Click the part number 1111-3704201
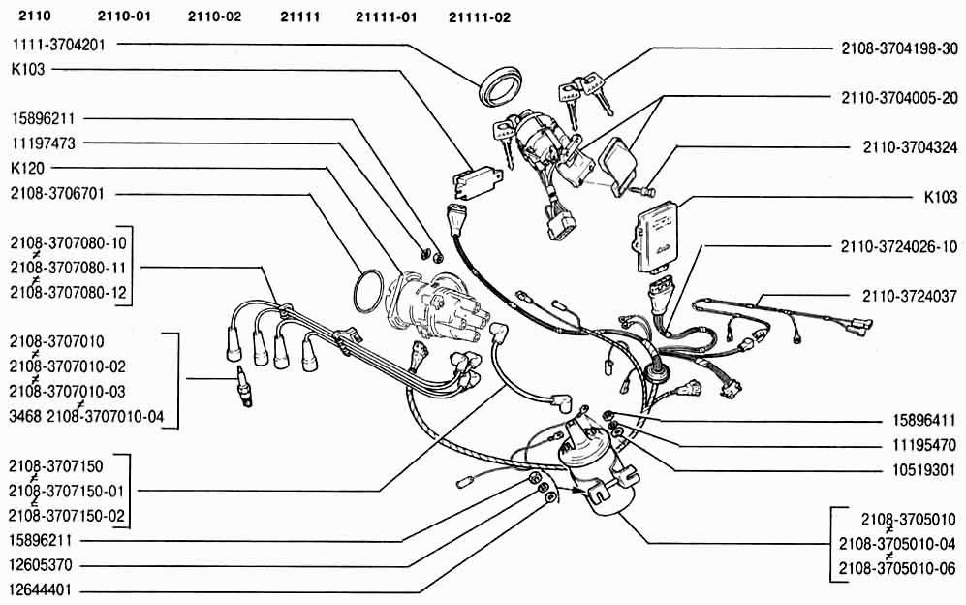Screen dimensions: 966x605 pos(58,45)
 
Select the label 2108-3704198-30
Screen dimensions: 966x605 pos(899,48)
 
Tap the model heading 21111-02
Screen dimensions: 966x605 pos(480,17)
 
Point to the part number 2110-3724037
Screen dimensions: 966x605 pos(910,296)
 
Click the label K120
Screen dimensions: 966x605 pos(28,168)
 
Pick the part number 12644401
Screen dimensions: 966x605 pos(41,589)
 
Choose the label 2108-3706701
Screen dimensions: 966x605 pos(58,194)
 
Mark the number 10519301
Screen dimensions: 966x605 pos(924,470)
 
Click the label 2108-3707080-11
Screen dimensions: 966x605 pos(68,268)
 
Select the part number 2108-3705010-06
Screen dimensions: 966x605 pos(897,568)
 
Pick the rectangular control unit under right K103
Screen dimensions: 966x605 pos(659,238)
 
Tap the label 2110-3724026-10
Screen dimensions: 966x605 pos(899,246)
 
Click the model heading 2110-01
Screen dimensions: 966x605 pos(124,16)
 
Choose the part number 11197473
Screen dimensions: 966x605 pos(44,143)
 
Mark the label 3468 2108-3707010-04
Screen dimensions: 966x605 pos(87,416)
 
